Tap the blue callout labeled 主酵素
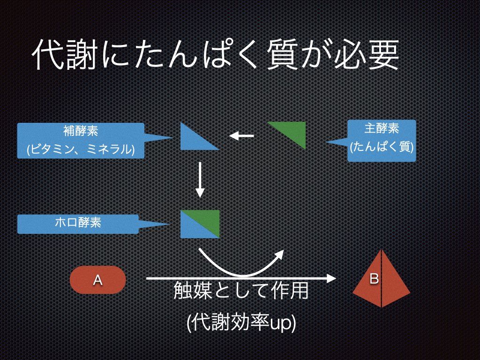pos(382,141)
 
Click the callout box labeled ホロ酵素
pos(78,224)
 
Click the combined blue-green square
pos(200,224)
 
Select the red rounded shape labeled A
pos(98,280)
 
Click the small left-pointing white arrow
pos(241,136)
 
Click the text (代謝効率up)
pos(241,324)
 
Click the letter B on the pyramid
pos(374,278)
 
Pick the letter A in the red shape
pos(98,280)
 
